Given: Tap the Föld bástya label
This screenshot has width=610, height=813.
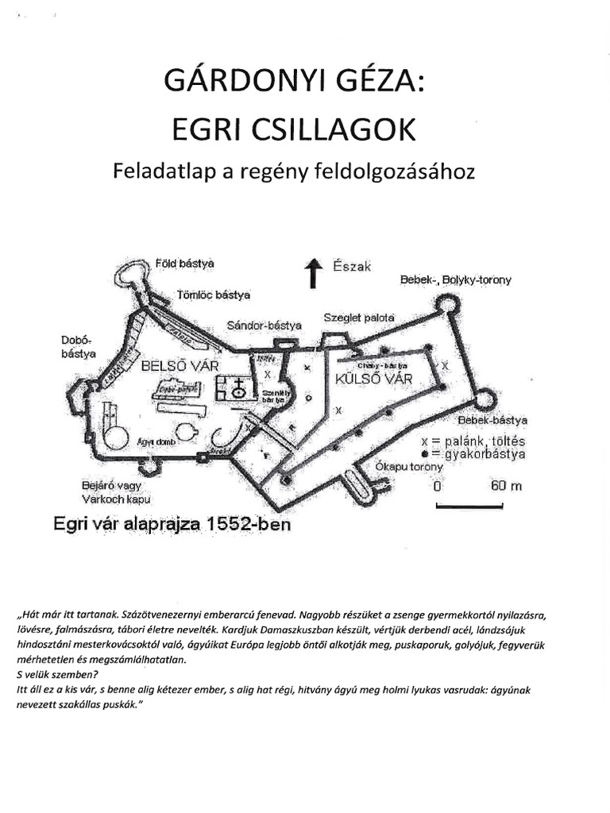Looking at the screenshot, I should click(190, 262).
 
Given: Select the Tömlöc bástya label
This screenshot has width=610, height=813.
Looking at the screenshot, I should click(214, 295).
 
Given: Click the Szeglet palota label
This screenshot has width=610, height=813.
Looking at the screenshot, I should click(358, 318).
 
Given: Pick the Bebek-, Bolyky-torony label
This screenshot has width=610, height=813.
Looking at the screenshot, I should click(455, 280).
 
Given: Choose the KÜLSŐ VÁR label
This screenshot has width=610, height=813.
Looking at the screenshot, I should click(375, 379).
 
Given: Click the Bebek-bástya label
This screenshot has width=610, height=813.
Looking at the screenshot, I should click(493, 420).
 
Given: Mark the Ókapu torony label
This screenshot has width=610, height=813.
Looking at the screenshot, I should click(409, 467).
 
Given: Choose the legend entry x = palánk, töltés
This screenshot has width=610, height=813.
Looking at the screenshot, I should click(474, 441).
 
